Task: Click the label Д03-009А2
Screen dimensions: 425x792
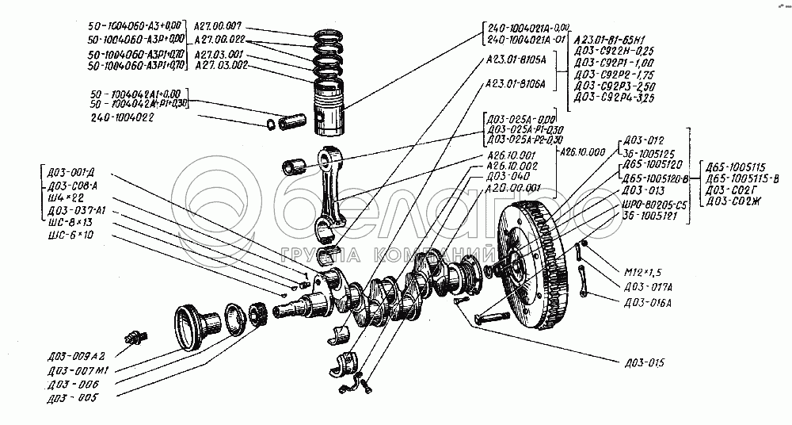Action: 77,355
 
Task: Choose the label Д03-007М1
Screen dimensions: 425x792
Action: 78,369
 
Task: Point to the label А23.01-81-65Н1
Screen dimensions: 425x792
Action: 611,36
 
